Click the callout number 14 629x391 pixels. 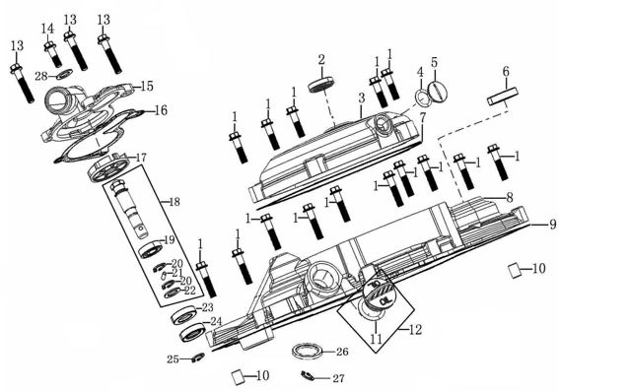(47, 29)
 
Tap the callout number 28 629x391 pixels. (41, 76)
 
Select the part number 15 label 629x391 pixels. (147, 86)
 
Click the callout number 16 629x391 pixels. (161, 110)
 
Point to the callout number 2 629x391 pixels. (321, 60)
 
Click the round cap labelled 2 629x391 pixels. (321, 85)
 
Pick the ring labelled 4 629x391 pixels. (422, 98)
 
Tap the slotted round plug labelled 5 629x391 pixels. (438, 91)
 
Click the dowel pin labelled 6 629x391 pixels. (503, 97)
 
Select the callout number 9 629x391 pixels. (553, 224)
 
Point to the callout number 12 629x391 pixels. (416, 330)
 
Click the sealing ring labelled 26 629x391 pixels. (307, 352)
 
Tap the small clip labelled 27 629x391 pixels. (310, 376)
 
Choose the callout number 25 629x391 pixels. (173, 359)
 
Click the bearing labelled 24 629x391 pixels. (193, 332)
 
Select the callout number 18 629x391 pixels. (175, 202)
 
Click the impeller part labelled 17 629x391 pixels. (108, 168)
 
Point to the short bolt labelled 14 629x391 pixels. (52, 54)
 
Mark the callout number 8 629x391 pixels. (509, 197)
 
